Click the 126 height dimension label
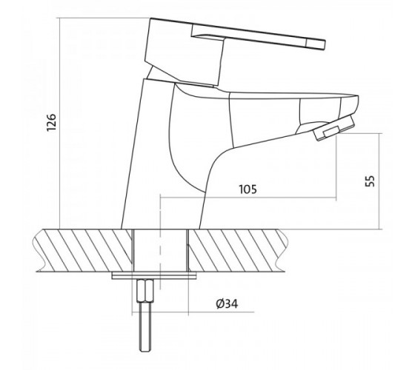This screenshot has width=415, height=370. pos(51,122)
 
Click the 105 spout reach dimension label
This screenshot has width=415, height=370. pos(248,189)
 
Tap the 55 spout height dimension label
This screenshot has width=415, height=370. pos(371,181)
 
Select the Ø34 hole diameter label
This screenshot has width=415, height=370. pos(227,304)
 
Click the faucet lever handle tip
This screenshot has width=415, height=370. pos(324,44)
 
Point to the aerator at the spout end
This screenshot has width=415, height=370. pos(333,127)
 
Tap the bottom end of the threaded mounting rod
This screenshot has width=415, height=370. pos(145,350)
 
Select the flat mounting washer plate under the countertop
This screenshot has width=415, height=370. pos(154,275)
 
